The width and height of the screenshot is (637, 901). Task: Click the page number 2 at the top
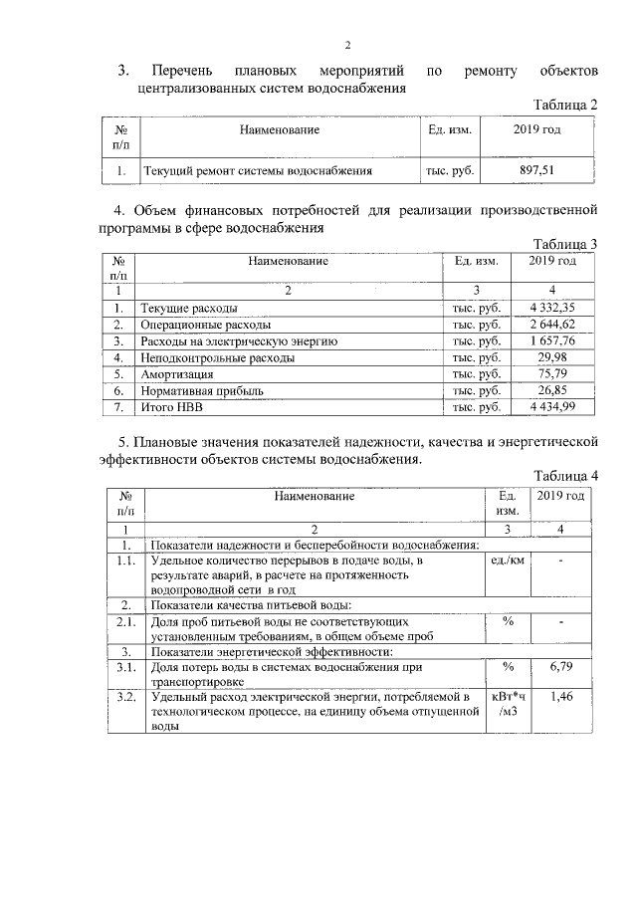[347, 45]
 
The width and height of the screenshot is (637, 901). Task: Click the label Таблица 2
[564, 105]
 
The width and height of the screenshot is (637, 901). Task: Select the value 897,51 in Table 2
[537, 171]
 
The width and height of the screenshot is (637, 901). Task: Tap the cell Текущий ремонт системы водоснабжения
[258, 171]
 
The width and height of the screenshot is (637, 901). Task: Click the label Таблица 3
[564, 245]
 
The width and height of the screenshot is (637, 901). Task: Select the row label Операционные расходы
[205, 325]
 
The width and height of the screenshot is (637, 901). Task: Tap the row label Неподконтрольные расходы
[217, 357]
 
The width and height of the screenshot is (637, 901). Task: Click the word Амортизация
[177, 374]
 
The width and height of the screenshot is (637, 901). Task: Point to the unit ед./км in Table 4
[508, 562]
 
